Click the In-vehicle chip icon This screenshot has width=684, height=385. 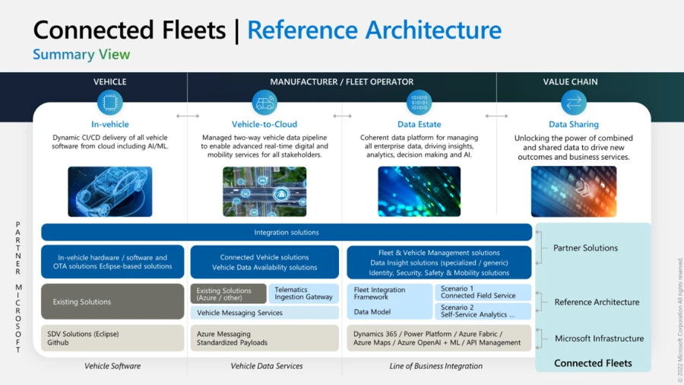pyautogui.click(x=110, y=103)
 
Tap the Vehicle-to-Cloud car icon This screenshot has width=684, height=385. pyautogui.click(x=264, y=103)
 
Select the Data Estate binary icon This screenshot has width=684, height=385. pyautogui.click(x=419, y=103)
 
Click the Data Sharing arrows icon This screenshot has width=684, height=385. pyautogui.click(x=573, y=103)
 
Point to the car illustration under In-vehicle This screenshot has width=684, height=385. pyautogui.click(x=110, y=192)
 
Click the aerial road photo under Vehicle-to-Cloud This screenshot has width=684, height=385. pyautogui.click(x=264, y=192)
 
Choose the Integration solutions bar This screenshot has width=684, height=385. pyautogui.click(x=287, y=232)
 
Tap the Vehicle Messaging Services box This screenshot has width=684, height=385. pyautogui.click(x=264, y=313)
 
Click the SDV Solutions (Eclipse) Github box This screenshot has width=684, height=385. pyautogui.click(x=112, y=338)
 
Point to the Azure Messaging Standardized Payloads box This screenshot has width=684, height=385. pyautogui.click(x=264, y=338)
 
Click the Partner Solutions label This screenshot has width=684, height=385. pyautogui.click(x=585, y=248)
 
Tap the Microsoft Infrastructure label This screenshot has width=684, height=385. pyautogui.click(x=599, y=339)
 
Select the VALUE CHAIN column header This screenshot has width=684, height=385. pyautogui.click(x=570, y=81)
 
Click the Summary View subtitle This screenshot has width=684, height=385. pyautogui.click(x=81, y=55)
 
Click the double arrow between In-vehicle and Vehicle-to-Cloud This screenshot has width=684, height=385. pyautogui.click(x=187, y=116)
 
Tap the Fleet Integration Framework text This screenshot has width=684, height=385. pyautogui.click(x=380, y=293)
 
